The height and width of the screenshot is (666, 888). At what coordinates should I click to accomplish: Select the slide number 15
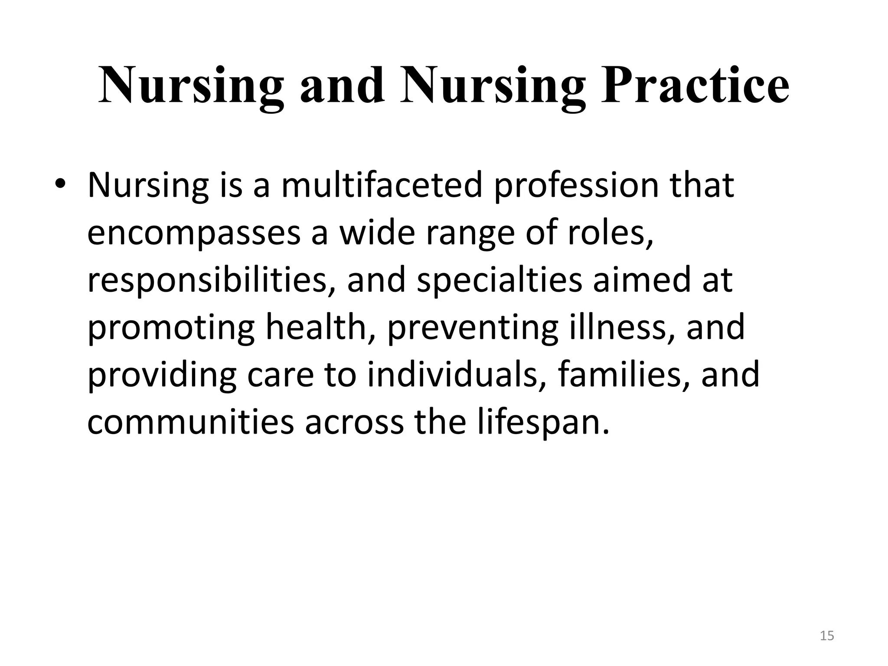pyautogui.click(x=827, y=636)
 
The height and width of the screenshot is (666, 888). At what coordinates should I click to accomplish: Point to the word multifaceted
pyautogui.click(x=382, y=186)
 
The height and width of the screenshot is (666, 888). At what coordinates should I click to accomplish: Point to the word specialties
pyautogui.click(x=499, y=281)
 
